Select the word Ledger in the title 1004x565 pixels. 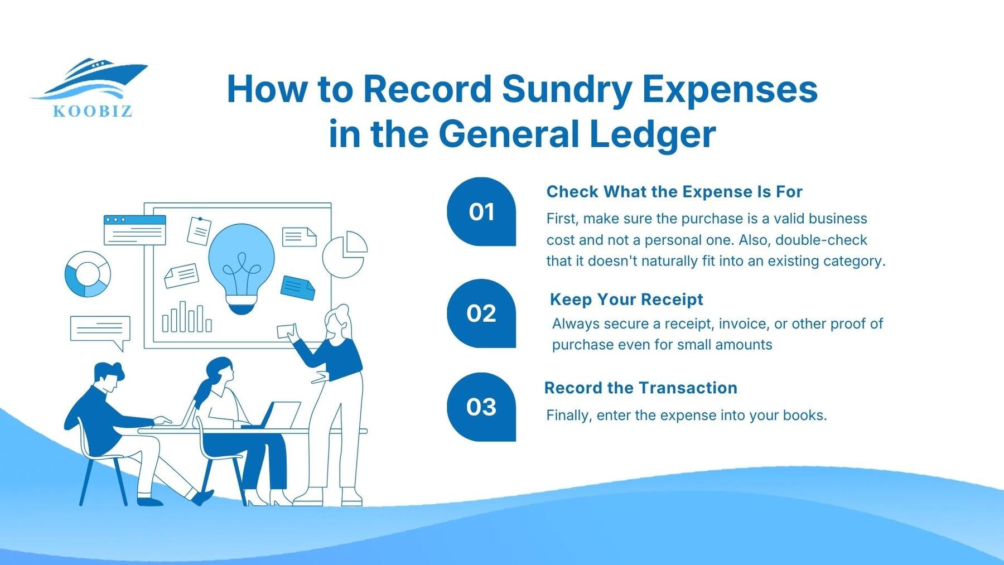[652, 134]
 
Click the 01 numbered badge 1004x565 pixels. [481, 212]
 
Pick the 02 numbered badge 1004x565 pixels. [481, 313]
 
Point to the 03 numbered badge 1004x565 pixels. [481, 407]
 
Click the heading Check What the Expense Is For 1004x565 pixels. [674, 192]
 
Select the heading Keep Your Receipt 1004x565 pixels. [626, 300]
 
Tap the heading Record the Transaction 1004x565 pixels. [640, 388]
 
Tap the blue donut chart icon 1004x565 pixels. [88, 274]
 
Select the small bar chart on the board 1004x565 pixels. [186, 318]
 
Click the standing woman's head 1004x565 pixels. [338, 321]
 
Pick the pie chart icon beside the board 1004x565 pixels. [345, 254]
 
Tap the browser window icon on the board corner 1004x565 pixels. [135, 229]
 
